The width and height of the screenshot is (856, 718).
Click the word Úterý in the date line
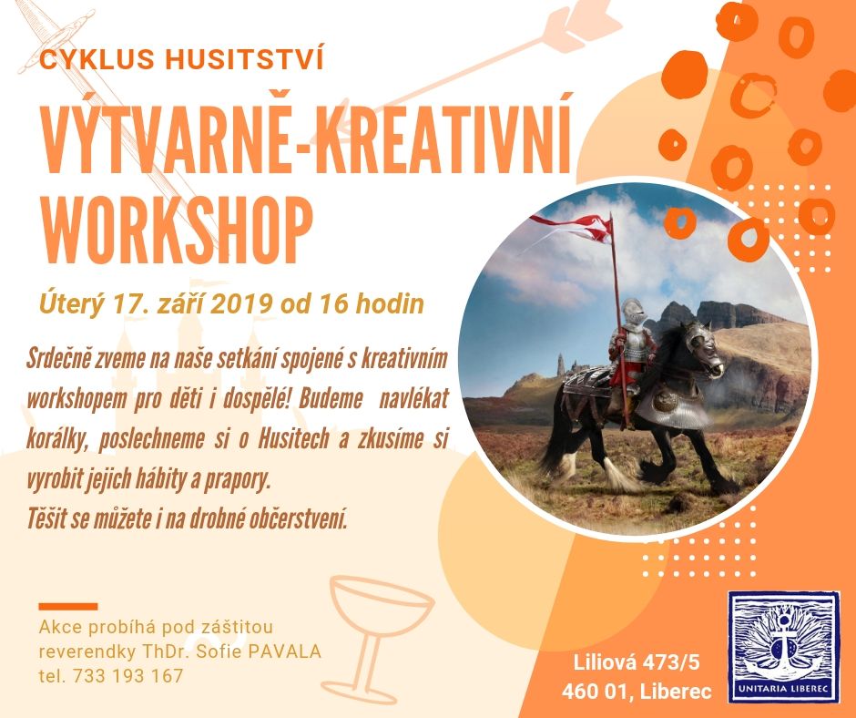(70, 304)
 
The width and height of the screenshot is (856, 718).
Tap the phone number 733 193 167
(127, 675)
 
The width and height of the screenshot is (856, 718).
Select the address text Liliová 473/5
(637, 662)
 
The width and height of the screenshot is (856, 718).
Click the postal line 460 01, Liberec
(637, 692)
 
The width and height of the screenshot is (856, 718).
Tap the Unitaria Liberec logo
(784, 647)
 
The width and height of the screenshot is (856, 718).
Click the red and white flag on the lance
(571, 227)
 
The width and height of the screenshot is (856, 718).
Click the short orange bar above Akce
(68, 607)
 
